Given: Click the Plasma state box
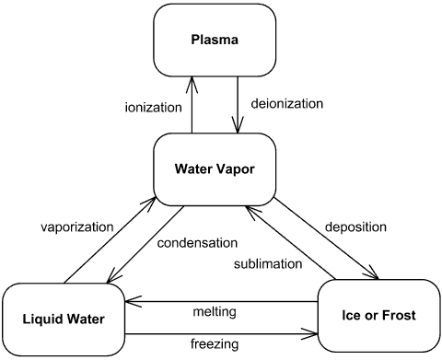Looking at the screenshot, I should [215, 40].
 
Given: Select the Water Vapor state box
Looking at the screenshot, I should [215, 169].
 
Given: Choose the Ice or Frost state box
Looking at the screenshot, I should [378, 315].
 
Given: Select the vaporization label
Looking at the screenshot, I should [76, 226].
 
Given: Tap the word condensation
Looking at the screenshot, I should [197, 244].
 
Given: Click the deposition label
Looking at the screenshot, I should [355, 226].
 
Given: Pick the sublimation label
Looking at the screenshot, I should [267, 264].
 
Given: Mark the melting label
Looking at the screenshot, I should [214, 312].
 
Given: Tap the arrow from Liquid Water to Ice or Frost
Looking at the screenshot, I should [221, 332].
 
